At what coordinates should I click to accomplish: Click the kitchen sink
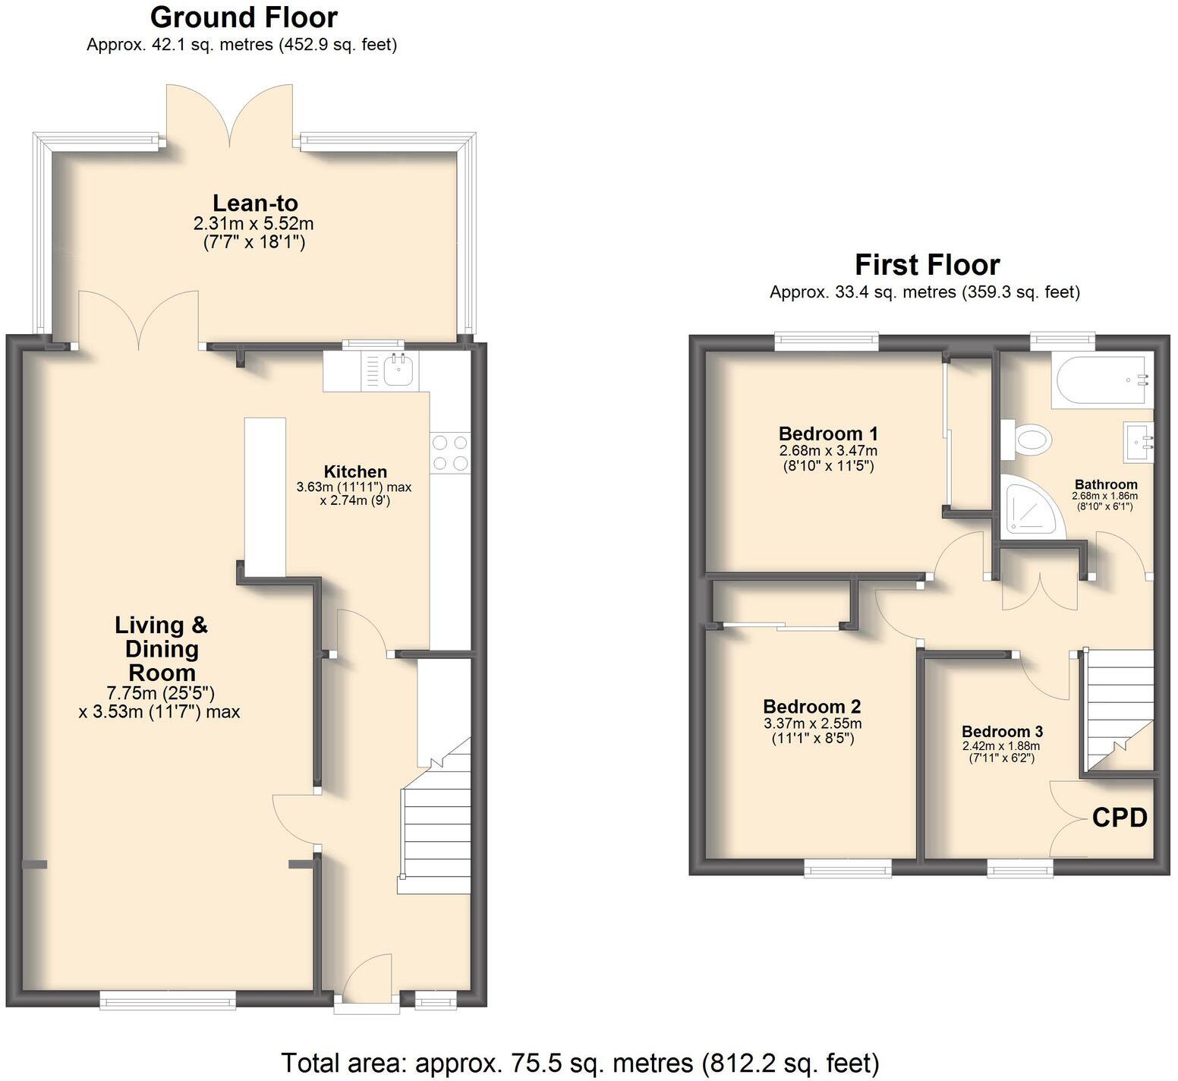397,371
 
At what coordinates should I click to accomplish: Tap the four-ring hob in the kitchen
449,452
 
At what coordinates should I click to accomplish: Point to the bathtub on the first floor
1101,381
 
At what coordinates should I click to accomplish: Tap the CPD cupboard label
1119,818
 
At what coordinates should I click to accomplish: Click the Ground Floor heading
243,17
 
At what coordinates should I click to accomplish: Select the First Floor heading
927,265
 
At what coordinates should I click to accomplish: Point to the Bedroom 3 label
1002,731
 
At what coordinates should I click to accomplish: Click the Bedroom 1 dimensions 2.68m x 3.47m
828,450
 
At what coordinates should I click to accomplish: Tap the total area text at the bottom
580,1063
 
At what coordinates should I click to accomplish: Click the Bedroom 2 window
848,869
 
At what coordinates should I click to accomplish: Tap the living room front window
168,1001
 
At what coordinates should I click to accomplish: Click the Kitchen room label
355,471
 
